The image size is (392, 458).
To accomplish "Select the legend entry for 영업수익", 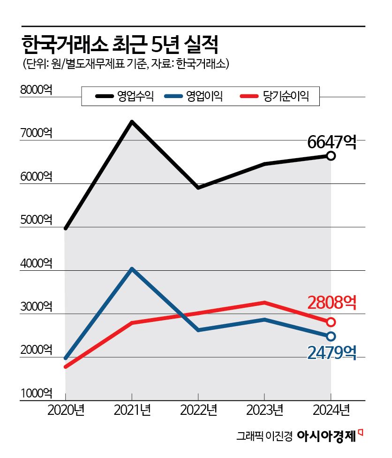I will (125, 97).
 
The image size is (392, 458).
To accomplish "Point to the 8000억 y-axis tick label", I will (36, 90).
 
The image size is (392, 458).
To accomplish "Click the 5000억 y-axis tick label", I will (36, 220).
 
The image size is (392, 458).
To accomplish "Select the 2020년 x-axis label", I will (65, 411).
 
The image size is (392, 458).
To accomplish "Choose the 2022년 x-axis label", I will (198, 411).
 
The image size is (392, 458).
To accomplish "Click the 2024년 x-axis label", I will (331, 411).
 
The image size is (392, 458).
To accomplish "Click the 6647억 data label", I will (332, 141).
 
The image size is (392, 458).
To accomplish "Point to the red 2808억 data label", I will (332, 303).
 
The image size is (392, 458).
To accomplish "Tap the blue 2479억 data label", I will (332, 352).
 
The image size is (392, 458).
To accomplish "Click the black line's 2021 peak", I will (132, 122).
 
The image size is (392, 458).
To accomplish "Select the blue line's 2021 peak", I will (132, 269).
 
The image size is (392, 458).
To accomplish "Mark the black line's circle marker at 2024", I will (331, 156).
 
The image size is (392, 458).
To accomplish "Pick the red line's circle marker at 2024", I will (331, 322).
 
